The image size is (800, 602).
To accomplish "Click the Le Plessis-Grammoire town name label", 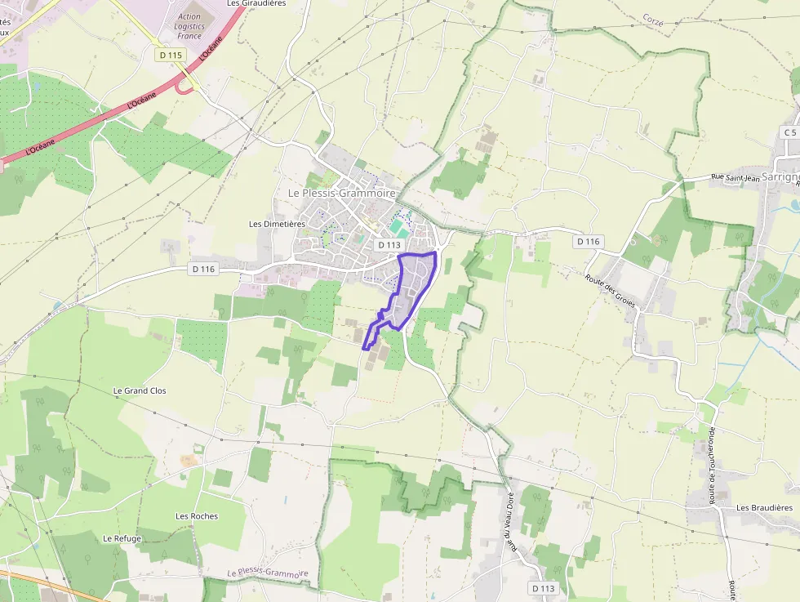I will [x=341, y=193].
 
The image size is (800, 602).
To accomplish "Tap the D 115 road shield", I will [x=171, y=55].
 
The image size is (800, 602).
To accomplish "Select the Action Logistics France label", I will [x=189, y=26].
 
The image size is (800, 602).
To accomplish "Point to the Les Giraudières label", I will [x=256, y=3].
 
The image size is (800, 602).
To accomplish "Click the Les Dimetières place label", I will [x=277, y=224].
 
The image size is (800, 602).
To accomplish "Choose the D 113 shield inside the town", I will [x=389, y=245].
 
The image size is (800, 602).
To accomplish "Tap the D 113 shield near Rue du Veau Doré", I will [x=543, y=588].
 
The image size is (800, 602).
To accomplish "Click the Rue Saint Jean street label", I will [x=735, y=177].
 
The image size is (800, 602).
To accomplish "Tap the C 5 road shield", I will [x=789, y=132].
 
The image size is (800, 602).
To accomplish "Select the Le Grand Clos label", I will [x=139, y=391].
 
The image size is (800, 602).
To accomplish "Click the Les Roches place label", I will [x=197, y=516].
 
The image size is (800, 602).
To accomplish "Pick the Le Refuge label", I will [x=122, y=538].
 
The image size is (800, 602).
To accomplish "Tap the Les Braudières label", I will [x=764, y=508].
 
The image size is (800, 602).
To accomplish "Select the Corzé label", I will [x=652, y=18].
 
